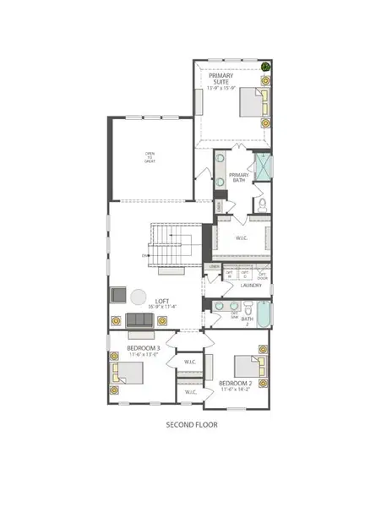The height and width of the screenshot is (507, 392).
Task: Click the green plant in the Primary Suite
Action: click(266, 67)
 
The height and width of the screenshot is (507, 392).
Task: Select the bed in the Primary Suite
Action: click(253, 103)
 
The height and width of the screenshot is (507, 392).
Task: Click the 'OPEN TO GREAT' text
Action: click(149, 157)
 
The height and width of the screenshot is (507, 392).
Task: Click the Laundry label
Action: click(251, 286)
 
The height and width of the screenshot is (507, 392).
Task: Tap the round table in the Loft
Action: click(138, 297)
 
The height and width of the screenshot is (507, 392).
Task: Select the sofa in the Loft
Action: click(140, 319)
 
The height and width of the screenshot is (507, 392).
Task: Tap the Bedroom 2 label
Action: click(237, 384)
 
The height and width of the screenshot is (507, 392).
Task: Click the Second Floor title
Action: click(191, 426)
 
